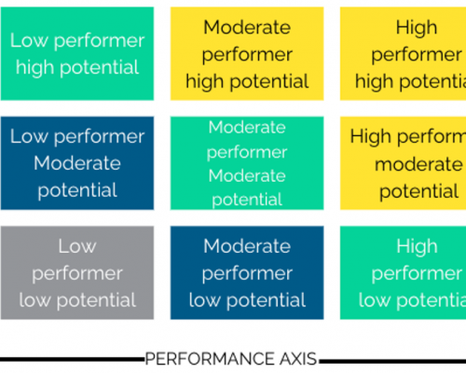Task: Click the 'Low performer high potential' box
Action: [x=77, y=53]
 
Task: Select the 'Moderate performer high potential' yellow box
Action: [x=247, y=53]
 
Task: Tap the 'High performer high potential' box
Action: [x=404, y=53]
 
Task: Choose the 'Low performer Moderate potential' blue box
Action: [x=77, y=163]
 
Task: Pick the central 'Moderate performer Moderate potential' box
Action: [x=247, y=163]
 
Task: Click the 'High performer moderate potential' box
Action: [x=404, y=163]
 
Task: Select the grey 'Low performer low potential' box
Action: [x=77, y=272]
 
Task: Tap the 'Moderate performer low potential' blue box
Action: [x=247, y=272]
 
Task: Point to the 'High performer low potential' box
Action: [x=404, y=272]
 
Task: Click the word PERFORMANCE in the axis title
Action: [x=210, y=359]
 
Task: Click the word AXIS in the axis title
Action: [x=298, y=359]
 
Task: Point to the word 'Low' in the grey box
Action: [x=77, y=246]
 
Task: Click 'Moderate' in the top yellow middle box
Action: [x=247, y=27]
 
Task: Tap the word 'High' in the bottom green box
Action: [x=417, y=246]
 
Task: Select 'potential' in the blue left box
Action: [x=77, y=190]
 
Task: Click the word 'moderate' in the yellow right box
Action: [x=418, y=164]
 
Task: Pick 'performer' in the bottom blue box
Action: [x=247, y=274]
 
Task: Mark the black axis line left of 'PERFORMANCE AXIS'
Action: [x=73, y=360]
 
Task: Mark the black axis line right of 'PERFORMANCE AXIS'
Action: [x=392, y=361]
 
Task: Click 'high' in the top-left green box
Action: [x=35, y=68]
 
